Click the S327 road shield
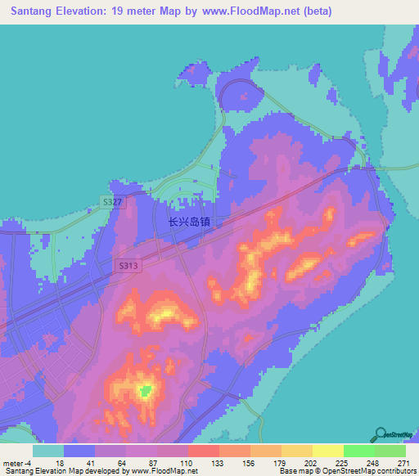pos(114,201)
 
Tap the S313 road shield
pos(127,265)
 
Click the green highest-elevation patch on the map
pos(146,391)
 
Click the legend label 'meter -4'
pos(17,463)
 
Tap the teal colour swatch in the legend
pos(47,451)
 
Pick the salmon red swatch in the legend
pos(203,451)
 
